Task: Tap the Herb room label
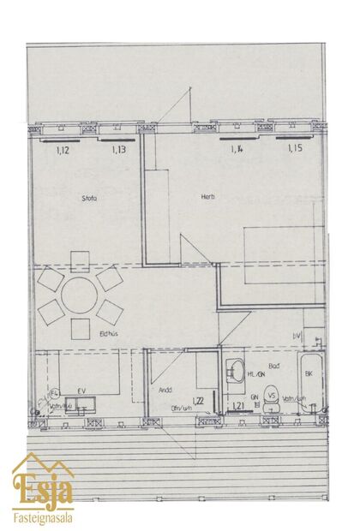point(207,197)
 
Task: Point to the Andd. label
point(166,390)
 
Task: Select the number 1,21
point(238,406)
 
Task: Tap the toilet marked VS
point(271,397)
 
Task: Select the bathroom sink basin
point(234,372)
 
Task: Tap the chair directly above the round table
point(79,259)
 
